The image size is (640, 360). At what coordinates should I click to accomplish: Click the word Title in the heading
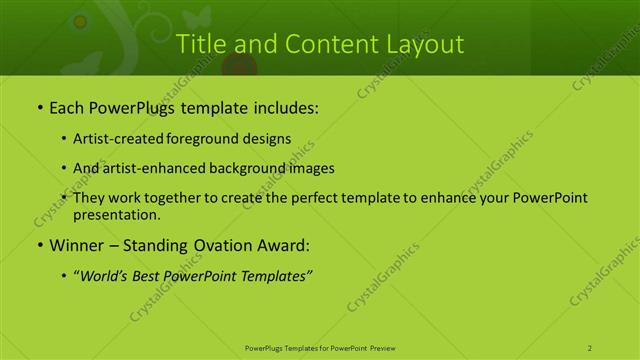[x=199, y=45]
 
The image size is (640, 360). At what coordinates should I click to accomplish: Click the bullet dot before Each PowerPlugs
[x=39, y=105]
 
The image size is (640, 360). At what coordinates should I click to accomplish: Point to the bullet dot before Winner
[x=39, y=245]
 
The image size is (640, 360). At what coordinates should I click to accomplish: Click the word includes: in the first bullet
[x=284, y=105]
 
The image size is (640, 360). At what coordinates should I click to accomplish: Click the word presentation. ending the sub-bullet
[x=117, y=214]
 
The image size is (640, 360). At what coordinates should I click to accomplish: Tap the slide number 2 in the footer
[x=590, y=348]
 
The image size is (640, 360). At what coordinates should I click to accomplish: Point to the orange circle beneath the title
[x=238, y=68]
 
